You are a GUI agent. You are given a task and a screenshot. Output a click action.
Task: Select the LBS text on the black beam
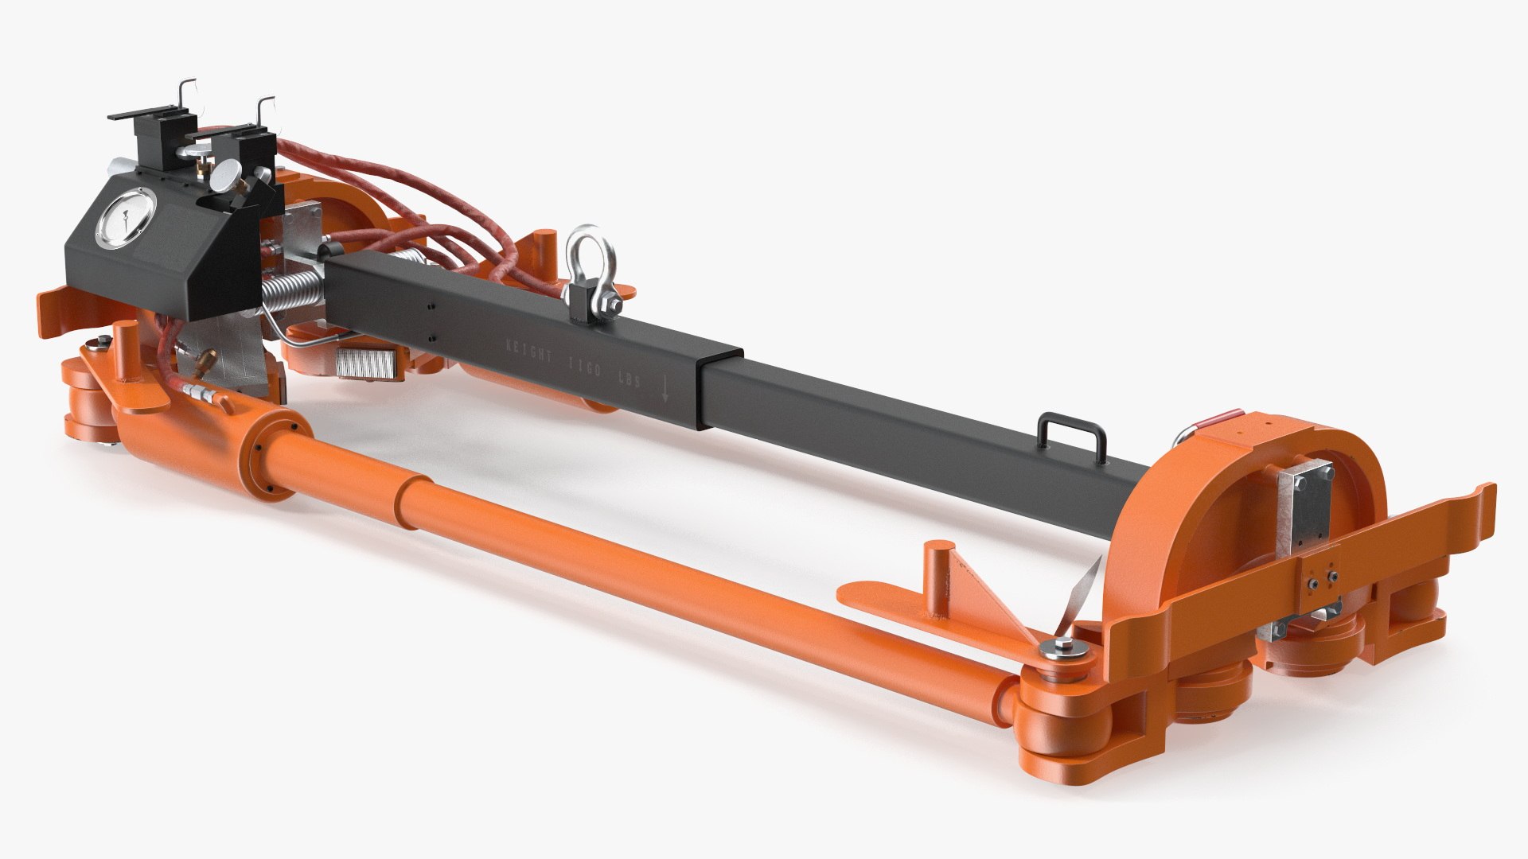(637, 382)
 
